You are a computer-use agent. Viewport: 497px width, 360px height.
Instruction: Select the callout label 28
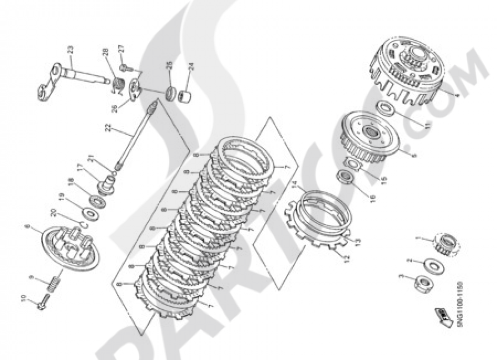tap(105, 67)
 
